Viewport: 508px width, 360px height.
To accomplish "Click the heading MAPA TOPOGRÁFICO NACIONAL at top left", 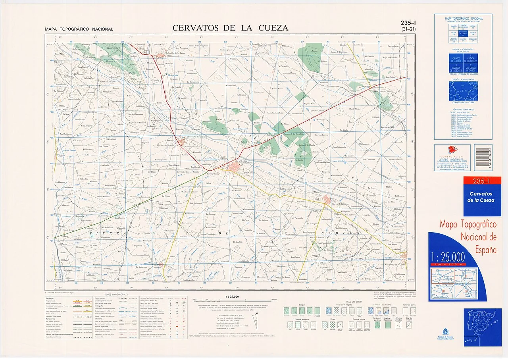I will (x=79, y=29).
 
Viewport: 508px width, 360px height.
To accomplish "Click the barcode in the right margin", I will (x=483, y=158).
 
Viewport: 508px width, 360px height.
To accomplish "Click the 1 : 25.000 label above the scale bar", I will (x=231, y=296).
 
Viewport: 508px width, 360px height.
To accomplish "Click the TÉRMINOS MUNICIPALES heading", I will (x=463, y=109).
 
